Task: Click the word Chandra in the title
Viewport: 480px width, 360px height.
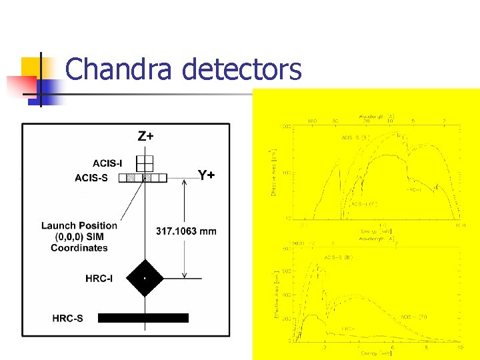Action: [x=110, y=69]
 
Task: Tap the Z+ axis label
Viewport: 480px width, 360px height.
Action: [x=145, y=137]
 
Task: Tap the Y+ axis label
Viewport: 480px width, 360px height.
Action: [x=207, y=175]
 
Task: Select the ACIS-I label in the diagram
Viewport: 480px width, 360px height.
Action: [x=107, y=163]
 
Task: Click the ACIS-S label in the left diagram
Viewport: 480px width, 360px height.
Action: [x=91, y=177]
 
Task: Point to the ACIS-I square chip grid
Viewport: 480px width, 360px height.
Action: [x=145, y=163]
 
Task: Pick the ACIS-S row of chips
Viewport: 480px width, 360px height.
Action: [x=142, y=178]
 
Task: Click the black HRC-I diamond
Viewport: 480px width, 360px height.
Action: [x=145, y=277]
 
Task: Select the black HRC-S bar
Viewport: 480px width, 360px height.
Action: [x=143, y=318]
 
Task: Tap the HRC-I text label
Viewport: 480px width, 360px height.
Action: [x=99, y=278]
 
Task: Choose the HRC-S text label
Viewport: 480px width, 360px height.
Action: [x=68, y=318]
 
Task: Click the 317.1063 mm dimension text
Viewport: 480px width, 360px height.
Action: [x=186, y=231]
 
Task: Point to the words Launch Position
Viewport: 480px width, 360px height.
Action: [x=79, y=225]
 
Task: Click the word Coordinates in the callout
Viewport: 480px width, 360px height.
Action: [x=79, y=248]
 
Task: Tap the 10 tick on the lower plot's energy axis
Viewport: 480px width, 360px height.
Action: [x=459, y=347]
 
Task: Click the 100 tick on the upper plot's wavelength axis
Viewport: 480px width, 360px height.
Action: [x=311, y=121]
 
